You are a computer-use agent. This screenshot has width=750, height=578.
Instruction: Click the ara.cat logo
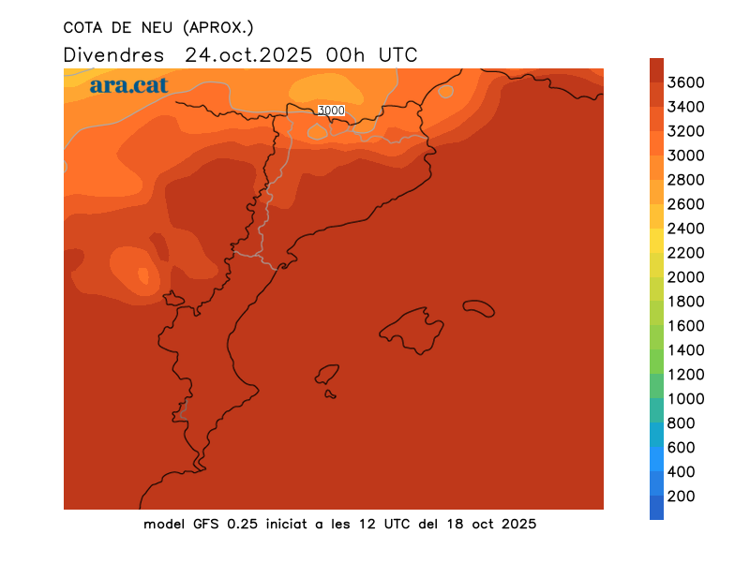point(129,85)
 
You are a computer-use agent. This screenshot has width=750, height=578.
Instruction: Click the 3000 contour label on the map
point(331,111)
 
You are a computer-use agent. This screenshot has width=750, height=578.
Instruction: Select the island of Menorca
point(478,307)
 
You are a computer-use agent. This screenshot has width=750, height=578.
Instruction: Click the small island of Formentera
point(330,394)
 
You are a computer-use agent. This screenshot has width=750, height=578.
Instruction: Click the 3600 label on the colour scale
point(686,82)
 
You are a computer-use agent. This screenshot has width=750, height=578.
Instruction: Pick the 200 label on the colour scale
point(682,496)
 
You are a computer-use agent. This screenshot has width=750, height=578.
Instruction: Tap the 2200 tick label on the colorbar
point(686,253)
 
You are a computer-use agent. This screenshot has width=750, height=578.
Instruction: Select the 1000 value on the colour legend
point(686,399)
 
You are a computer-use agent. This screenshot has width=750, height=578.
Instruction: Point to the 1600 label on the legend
point(686,326)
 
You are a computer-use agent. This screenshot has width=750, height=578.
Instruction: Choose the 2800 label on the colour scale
point(686,180)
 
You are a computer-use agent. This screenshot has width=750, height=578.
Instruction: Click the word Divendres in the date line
point(113,54)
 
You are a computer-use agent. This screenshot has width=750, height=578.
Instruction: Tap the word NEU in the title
point(150,27)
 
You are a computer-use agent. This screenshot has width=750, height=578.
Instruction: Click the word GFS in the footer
point(207,524)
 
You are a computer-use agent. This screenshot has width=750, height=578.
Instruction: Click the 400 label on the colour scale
point(682,472)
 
